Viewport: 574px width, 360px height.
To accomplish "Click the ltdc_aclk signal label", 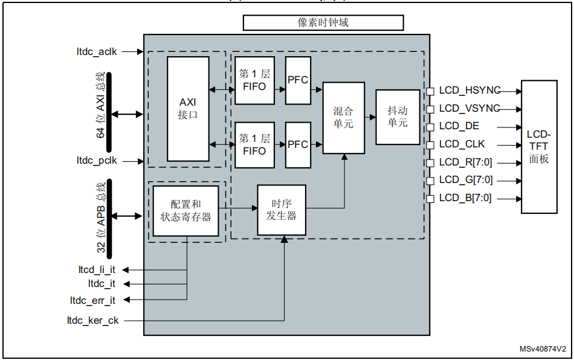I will pyautogui.click(x=97, y=52).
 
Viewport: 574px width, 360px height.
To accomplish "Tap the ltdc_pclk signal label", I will pyautogui.click(x=97, y=161).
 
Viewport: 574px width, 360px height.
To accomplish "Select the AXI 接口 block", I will pyautogui.click(x=188, y=109).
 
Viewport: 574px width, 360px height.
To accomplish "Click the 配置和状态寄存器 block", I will pyautogui.click(x=185, y=211).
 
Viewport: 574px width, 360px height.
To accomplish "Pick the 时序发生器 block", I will pyautogui.click(x=282, y=210).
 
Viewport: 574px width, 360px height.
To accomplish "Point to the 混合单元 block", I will pyautogui.click(x=343, y=118).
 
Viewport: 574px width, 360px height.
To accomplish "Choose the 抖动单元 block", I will pyautogui.click(x=398, y=117).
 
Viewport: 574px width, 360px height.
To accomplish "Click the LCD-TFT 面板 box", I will pyautogui.click(x=538, y=146).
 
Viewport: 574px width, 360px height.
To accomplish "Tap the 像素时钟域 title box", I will pyautogui.click(x=323, y=23).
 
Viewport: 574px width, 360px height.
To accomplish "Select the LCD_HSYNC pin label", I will pyautogui.click(x=469, y=91).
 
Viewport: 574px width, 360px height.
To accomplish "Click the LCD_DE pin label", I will pyautogui.click(x=459, y=126).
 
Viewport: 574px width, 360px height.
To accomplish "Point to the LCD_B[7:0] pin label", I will pyautogui.click(x=465, y=198).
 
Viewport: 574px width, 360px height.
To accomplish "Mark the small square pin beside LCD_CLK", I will pyautogui.click(x=430, y=145).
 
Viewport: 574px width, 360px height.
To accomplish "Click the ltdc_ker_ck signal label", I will pyautogui.click(x=94, y=321).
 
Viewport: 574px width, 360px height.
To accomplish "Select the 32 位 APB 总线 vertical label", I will pyautogui.click(x=101, y=216).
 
